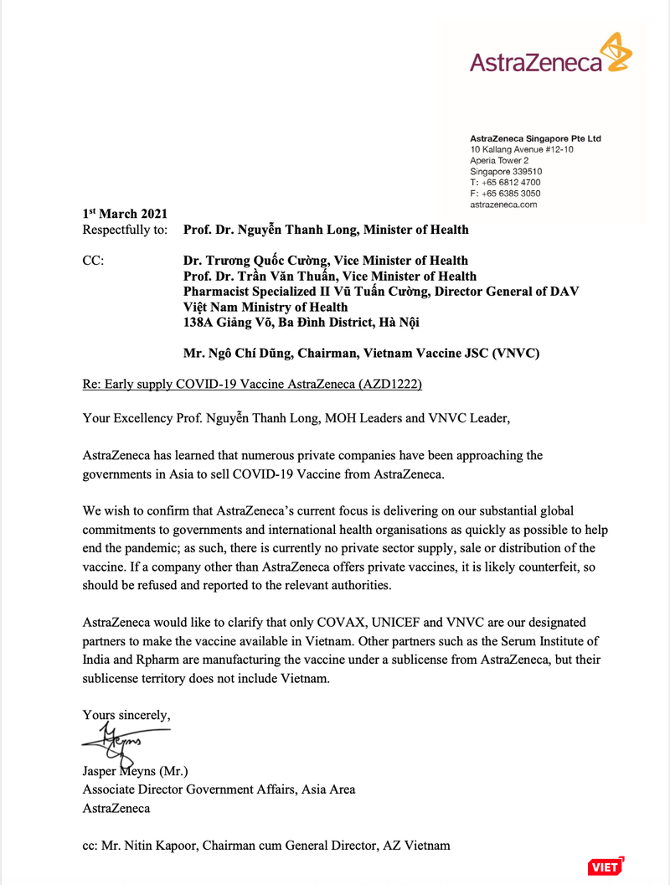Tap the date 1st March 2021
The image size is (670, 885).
pyautogui.click(x=125, y=214)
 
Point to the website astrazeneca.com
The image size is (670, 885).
pyautogui.click(x=503, y=204)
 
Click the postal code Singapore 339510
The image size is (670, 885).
pyautogui.click(x=506, y=171)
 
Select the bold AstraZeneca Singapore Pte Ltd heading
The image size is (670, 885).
pyautogui.click(x=535, y=137)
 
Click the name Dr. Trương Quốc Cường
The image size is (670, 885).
pyautogui.click(x=252, y=261)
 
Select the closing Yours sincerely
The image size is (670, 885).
pyautogui.click(x=126, y=715)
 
